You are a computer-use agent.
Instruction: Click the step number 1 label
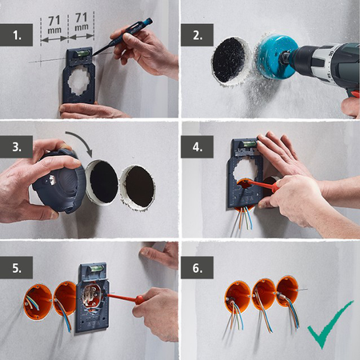(17, 35)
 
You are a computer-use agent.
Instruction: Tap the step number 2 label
(197, 35)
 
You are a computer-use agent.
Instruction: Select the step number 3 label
(17, 148)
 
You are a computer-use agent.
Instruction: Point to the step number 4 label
(197, 148)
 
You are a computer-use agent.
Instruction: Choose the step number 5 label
(17, 267)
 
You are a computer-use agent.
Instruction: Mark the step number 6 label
(197, 267)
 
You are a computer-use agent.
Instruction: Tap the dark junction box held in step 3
(59, 180)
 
